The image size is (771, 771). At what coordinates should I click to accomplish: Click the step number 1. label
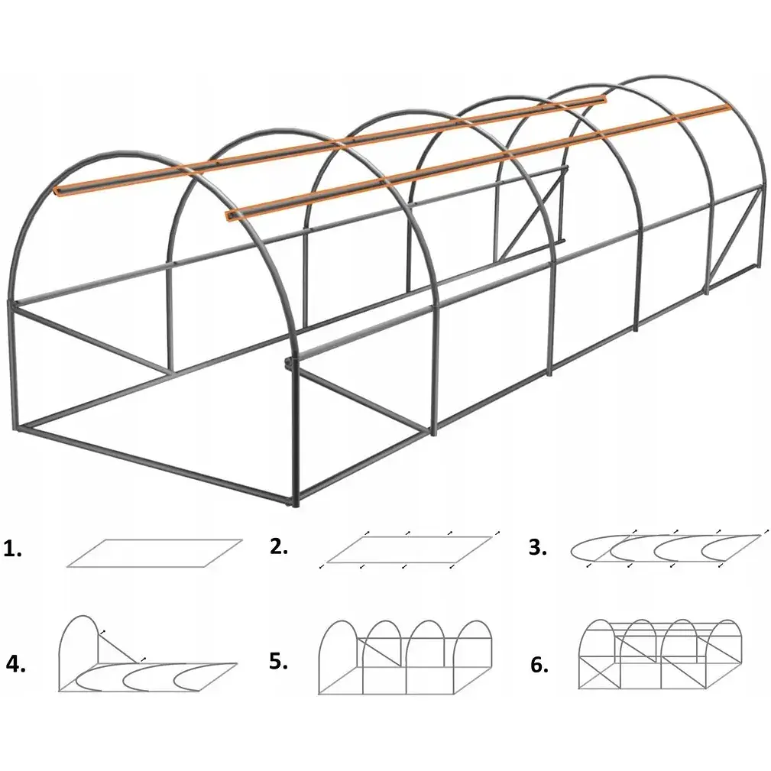[x=12, y=549]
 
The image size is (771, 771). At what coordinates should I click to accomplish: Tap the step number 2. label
[x=279, y=546]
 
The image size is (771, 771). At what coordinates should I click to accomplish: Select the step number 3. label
[x=538, y=547]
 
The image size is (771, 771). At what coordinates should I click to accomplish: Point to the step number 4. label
[x=16, y=664]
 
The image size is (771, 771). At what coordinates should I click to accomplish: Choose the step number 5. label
[x=278, y=662]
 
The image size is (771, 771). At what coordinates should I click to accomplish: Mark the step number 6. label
[x=539, y=665]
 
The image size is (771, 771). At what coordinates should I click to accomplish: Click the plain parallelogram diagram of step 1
[x=154, y=553]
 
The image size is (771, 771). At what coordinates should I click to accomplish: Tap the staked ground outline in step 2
[x=410, y=549]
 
